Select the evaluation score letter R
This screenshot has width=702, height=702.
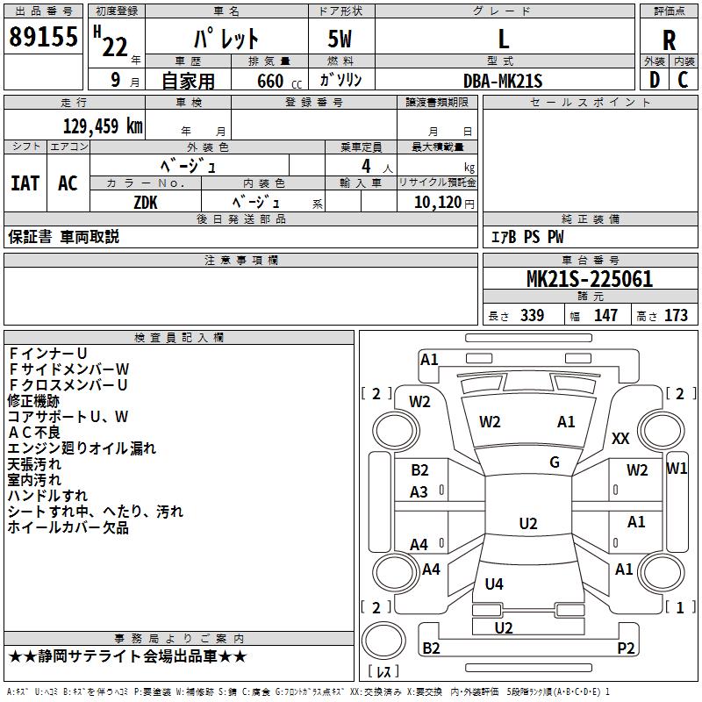coord(669,40)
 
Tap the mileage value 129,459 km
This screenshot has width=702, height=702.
coord(103,125)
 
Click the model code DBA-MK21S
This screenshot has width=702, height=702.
coord(503,81)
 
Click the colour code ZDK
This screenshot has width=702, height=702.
coord(147,202)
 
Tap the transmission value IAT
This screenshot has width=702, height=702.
coord(25,183)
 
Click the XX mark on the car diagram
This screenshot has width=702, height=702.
coord(620,439)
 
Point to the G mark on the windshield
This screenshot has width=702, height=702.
coord(555,462)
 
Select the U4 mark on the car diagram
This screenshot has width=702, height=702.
coord(494,584)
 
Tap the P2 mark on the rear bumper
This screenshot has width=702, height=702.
coord(626,648)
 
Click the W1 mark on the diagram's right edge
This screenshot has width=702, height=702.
coord(677,468)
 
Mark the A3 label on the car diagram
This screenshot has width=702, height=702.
coord(419,492)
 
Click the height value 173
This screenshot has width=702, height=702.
coord(676,316)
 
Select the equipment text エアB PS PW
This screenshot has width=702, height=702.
coord(526,237)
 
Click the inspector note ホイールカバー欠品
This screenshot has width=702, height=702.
coord(68,527)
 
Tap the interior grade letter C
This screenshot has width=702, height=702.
coord(683,80)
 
